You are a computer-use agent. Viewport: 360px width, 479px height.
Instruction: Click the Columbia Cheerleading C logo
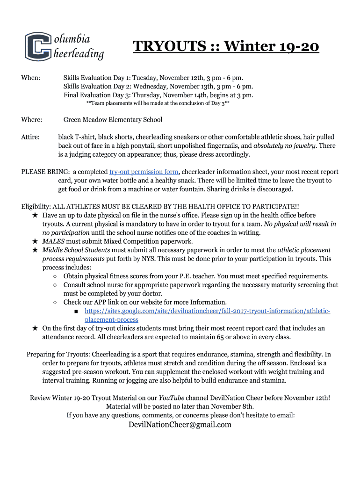tap(38, 46)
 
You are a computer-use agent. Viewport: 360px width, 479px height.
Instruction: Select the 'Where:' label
tap(32, 120)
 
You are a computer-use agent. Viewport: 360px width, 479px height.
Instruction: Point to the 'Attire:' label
tap(30, 138)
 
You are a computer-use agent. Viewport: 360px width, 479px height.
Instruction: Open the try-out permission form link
tap(144, 172)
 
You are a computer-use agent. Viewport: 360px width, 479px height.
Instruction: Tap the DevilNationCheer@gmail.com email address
tap(180, 425)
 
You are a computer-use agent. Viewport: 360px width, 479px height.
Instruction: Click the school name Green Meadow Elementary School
tap(113, 120)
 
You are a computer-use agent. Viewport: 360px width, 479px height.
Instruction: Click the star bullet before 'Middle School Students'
tap(35, 250)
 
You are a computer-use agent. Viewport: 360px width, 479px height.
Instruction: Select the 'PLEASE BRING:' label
tap(45, 172)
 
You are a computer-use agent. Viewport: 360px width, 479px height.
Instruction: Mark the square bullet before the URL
tap(76, 311)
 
